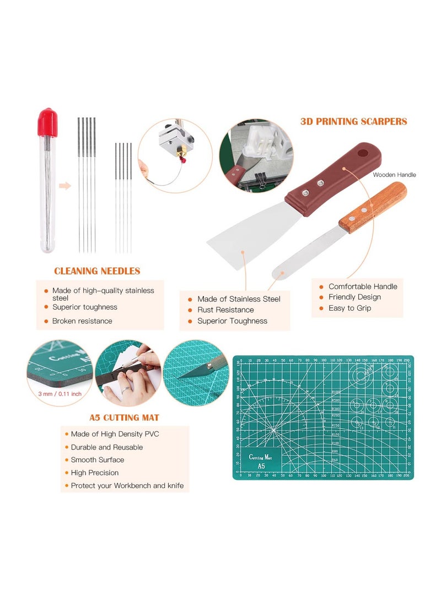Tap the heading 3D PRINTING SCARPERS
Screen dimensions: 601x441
point(354,121)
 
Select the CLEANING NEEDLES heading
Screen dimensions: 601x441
point(97,271)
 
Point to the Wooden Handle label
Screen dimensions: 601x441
point(394,175)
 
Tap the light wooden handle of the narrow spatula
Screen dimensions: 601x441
point(373,207)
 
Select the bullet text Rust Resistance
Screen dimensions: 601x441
point(225,310)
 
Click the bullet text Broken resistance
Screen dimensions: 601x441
point(82,321)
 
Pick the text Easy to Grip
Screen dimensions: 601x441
point(349,308)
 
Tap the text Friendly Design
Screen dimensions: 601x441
point(354,297)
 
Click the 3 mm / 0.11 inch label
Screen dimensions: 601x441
point(60,394)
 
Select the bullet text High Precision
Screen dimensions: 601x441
point(94,473)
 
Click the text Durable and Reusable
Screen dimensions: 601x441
point(106,447)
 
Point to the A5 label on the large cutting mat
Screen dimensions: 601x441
point(261,465)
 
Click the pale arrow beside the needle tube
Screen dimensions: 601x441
point(65,186)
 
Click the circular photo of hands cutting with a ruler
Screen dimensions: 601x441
point(128,372)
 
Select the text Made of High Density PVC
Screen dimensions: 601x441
point(115,434)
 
